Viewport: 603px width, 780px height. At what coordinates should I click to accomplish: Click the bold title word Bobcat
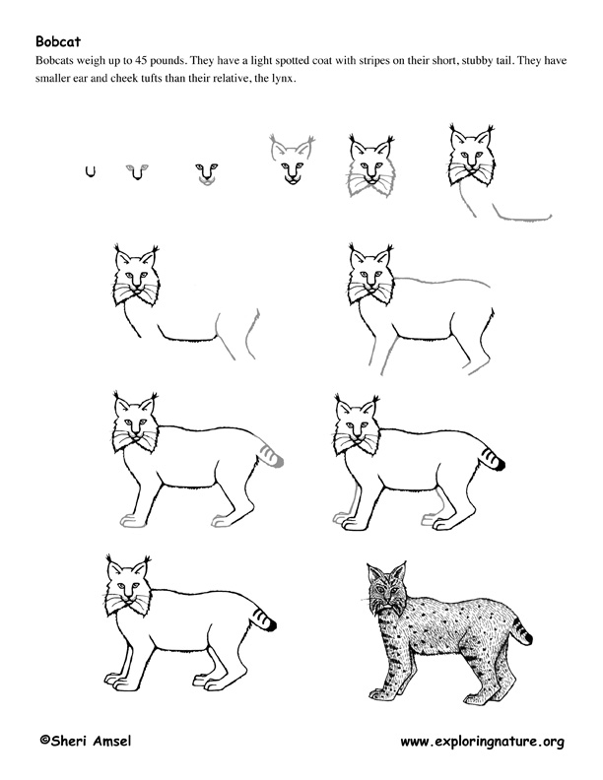point(58,41)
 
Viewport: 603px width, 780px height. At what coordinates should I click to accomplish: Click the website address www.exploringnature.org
point(482,743)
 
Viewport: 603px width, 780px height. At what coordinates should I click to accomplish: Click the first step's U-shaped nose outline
point(90,172)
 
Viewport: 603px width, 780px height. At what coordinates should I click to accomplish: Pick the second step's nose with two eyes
point(137,171)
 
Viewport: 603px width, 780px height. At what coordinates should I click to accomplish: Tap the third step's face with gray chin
point(207,174)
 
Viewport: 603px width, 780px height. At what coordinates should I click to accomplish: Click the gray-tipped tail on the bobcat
point(270,456)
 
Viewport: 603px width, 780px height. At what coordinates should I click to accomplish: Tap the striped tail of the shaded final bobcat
point(521,629)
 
